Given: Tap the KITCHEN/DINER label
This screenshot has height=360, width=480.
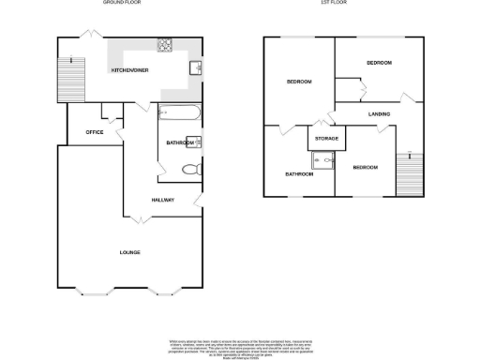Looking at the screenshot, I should coord(129,70).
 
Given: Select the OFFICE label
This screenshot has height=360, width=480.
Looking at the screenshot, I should coord(94,133).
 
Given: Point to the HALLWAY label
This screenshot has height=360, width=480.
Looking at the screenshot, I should coord(161,200).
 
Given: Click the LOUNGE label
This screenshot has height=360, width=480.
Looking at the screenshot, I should coord(129,253).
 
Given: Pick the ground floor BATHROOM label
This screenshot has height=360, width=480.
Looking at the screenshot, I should coord(178,142).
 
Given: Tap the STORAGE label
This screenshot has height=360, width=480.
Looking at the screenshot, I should coord(326,139).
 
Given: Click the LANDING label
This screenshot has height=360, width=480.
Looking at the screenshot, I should coord(379,114).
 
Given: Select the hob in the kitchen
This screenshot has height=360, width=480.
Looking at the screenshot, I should coord(165,43).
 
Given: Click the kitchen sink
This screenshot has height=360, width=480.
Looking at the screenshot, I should coord(196,67).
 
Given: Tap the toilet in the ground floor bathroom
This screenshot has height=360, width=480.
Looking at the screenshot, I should coord(191,171).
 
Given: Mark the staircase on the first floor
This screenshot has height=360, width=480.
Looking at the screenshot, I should coord(409,173).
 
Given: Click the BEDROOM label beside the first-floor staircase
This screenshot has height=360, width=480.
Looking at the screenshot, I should coord(364,167).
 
